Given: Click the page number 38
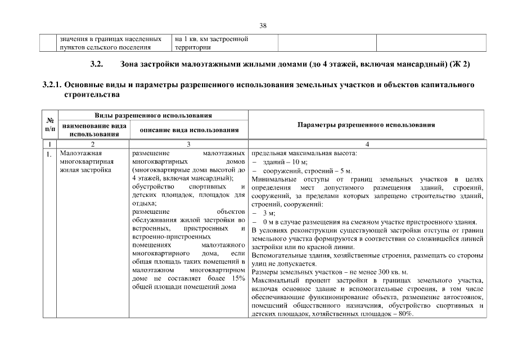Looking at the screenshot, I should tap(263, 25).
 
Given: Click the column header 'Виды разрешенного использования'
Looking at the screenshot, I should tap(153, 116).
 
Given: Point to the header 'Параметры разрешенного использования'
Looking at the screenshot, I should tap(366, 125).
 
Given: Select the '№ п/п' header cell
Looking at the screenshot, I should tap(49, 125).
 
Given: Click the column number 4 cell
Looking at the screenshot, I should tap(366, 145).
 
